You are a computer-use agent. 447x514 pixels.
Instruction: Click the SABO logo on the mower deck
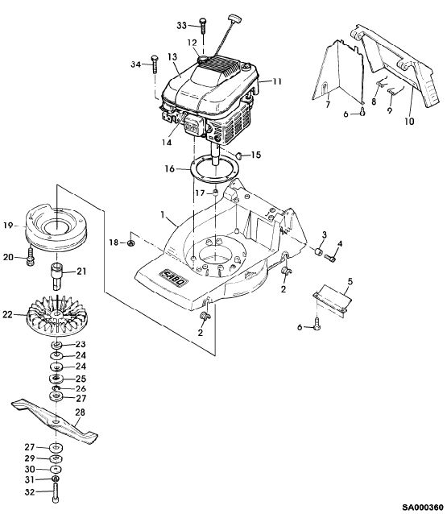coord(173,278)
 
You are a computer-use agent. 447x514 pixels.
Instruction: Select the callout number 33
coord(181,25)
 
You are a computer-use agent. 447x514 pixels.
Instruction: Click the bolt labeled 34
coord(155,64)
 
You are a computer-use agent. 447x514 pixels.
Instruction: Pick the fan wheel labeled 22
coord(56,315)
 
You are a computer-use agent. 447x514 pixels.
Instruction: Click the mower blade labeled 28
coord(55,421)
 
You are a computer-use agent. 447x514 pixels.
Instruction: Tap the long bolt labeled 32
coord(56,493)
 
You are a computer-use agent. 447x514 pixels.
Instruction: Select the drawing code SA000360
coord(423,508)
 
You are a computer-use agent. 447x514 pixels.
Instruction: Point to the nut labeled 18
coord(130,243)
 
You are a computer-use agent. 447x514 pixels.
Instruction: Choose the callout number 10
coord(409,122)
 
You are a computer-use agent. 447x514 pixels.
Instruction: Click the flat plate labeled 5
coord(332,300)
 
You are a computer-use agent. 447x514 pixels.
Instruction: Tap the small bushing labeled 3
coord(317,253)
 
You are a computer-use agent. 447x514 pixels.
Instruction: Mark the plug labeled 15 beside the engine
coord(240,155)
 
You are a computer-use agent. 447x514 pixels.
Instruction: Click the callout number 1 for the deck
coord(162,215)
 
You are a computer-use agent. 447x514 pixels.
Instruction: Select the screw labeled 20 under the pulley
coord(31,257)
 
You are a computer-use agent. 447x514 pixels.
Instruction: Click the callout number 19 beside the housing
coord(8,226)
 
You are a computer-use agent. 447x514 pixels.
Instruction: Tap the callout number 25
coord(81,379)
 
